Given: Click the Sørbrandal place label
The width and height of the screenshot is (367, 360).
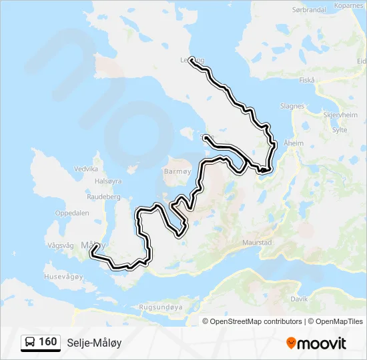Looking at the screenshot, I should click(x=308, y=10).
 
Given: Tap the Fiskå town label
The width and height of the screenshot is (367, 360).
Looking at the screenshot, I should click(x=307, y=80).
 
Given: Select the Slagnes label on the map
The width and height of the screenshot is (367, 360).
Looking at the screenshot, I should click(x=292, y=106).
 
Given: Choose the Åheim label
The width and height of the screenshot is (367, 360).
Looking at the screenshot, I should click(x=294, y=143).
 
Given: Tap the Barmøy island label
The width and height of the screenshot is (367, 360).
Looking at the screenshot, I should click(x=177, y=171).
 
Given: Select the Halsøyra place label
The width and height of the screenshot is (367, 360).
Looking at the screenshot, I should click(x=109, y=181).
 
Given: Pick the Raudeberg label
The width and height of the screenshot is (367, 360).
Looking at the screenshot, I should click(x=103, y=197).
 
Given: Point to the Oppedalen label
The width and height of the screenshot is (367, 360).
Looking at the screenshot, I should click(x=71, y=213).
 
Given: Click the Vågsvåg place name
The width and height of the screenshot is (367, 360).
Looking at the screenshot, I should click(x=60, y=245).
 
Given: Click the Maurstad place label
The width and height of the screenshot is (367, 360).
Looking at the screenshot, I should click(x=257, y=243).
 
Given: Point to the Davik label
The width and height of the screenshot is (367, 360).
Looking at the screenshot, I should click(x=299, y=299).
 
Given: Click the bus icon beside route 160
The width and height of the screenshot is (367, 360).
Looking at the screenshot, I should click(x=30, y=343).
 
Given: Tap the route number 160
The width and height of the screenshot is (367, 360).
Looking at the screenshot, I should click(x=47, y=342).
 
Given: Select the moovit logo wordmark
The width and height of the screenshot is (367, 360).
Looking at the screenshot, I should click(x=316, y=343).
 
